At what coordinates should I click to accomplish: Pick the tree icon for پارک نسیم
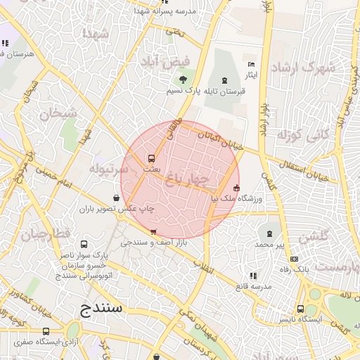pos(183,79)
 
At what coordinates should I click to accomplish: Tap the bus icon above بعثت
pos(150,158)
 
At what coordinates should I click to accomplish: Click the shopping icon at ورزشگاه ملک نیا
pos(236,188)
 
